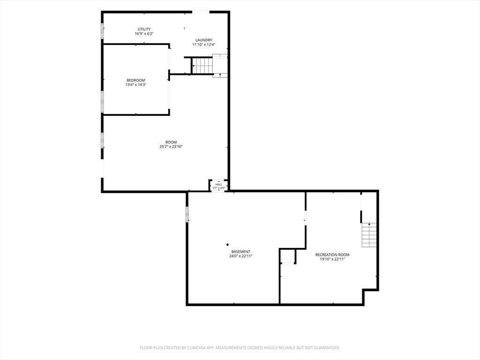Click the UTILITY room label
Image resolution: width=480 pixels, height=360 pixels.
[x=144, y=30]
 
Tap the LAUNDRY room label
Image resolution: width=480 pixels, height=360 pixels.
[x=204, y=40]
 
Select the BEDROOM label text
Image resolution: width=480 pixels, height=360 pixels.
[x=136, y=81]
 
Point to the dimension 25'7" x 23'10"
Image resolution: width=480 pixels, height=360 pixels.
[x=171, y=147]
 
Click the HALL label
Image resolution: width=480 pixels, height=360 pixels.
[x=219, y=185]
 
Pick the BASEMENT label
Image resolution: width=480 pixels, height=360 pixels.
[x=241, y=252]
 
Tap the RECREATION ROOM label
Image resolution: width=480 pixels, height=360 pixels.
[x=332, y=255]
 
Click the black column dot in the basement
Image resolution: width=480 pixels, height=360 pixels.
[x=227, y=245]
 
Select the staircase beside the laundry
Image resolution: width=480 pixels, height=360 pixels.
[x=202, y=66]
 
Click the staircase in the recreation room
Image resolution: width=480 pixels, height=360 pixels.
[x=369, y=235]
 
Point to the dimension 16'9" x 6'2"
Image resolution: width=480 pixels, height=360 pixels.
[x=144, y=34]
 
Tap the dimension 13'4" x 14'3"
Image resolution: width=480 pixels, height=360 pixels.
[x=136, y=85]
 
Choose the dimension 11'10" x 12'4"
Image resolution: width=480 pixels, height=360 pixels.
[x=204, y=45]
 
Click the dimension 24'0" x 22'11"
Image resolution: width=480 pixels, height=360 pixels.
[x=241, y=256]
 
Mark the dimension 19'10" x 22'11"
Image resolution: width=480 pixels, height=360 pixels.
[x=332, y=259]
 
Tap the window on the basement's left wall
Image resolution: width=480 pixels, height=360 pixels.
[x=187, y=214]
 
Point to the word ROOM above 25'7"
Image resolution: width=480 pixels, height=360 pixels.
[x=171, y=142]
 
